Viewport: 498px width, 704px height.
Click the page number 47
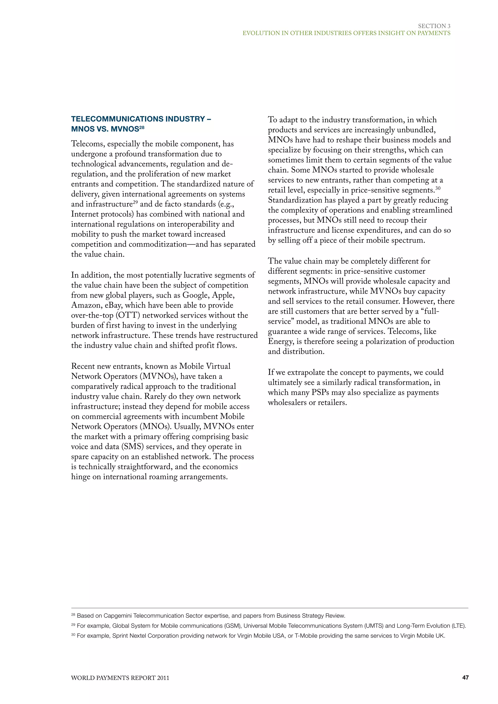(465, 677)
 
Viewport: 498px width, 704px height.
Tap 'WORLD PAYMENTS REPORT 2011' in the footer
(120, 678)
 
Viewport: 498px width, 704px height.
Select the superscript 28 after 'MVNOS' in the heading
(142, 127)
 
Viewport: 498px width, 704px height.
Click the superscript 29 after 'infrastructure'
(135, 202)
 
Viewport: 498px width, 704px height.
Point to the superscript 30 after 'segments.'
(438, 188)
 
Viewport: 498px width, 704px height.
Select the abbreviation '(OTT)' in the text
(128, 315)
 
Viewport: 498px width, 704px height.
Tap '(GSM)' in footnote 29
(232, 626)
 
